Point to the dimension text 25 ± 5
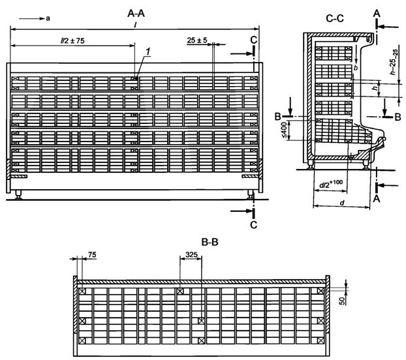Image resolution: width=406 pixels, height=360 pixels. pyautogui.click(x=196, y=40)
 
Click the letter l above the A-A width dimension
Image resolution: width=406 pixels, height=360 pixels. pyautogui.click(x=134, y=23)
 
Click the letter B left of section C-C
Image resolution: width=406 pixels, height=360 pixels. pyautogui.click(x=277, y=116)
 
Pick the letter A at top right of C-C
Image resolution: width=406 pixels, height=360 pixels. pyautogui.click(x=377, y=12)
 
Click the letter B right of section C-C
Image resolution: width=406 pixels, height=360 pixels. pyautogui.click(x=398, y=116)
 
